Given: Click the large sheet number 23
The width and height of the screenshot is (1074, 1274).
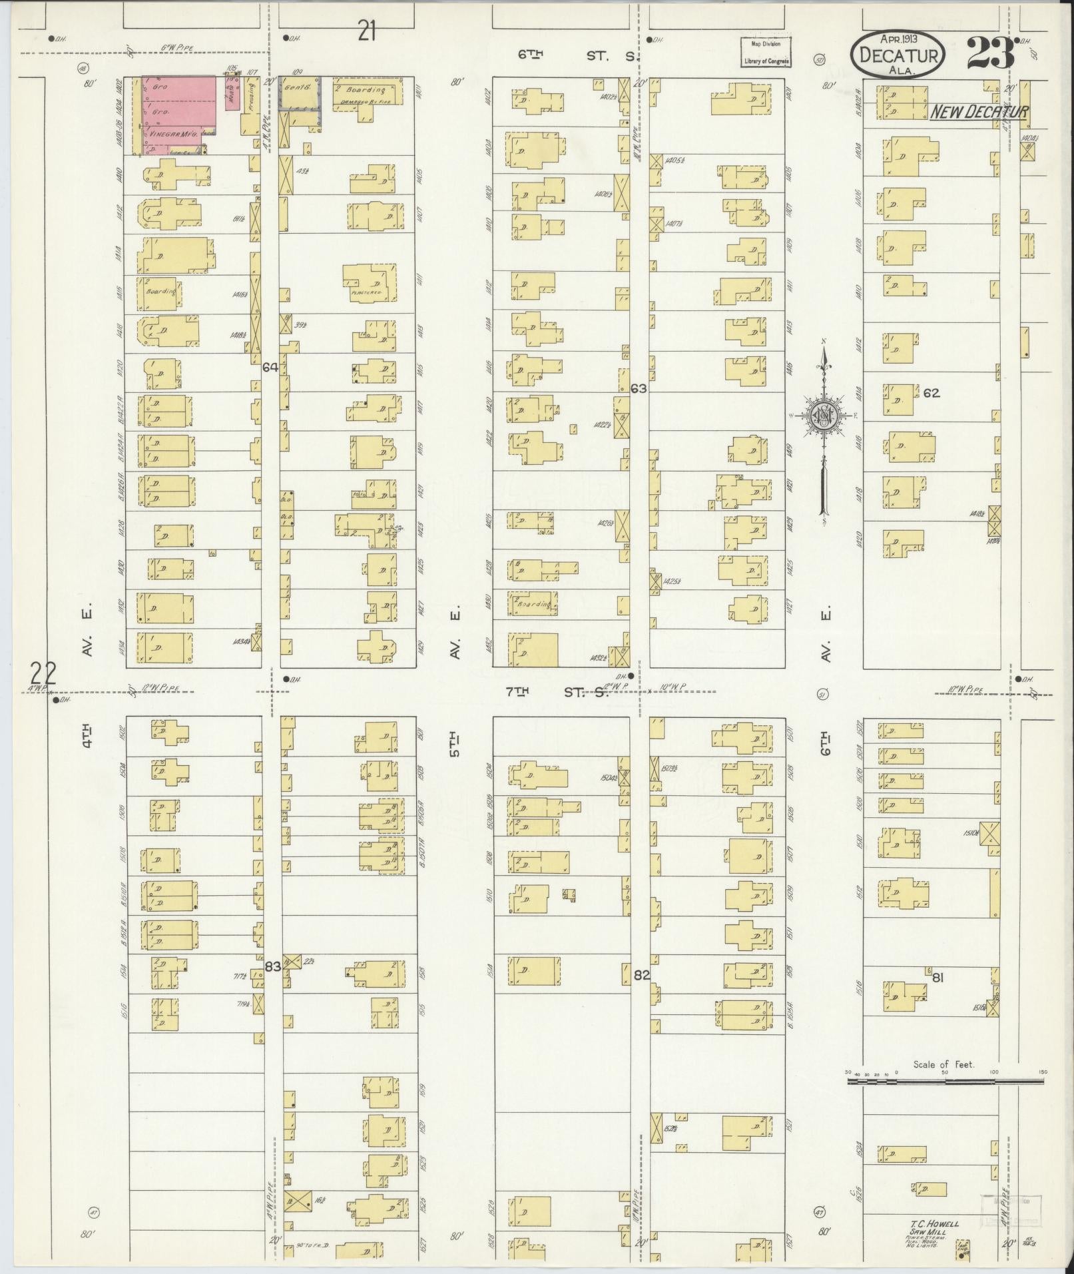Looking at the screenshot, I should (991, 53).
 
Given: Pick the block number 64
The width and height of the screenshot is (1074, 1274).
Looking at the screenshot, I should (270, 367).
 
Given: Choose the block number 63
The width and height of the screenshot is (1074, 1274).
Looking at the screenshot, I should (639, 388).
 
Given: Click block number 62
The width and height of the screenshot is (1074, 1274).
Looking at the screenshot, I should (931, 393).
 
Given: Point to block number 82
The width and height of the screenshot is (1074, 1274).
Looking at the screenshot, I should (641, 975).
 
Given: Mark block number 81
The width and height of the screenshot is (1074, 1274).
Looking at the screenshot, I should (939, 978).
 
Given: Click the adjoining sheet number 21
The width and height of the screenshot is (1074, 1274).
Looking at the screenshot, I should (367, 31).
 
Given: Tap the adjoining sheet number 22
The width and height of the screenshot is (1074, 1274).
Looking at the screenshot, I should (43, 673).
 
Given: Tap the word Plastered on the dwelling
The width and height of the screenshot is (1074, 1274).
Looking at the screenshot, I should (365, 292).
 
